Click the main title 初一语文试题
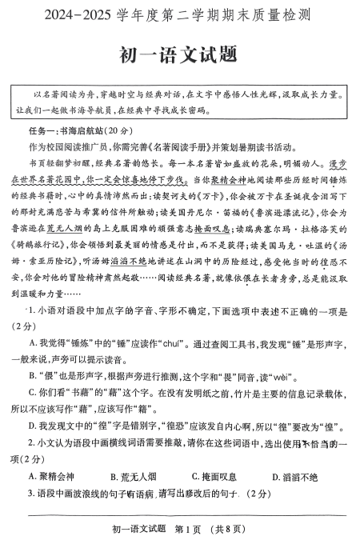coord(179,55)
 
